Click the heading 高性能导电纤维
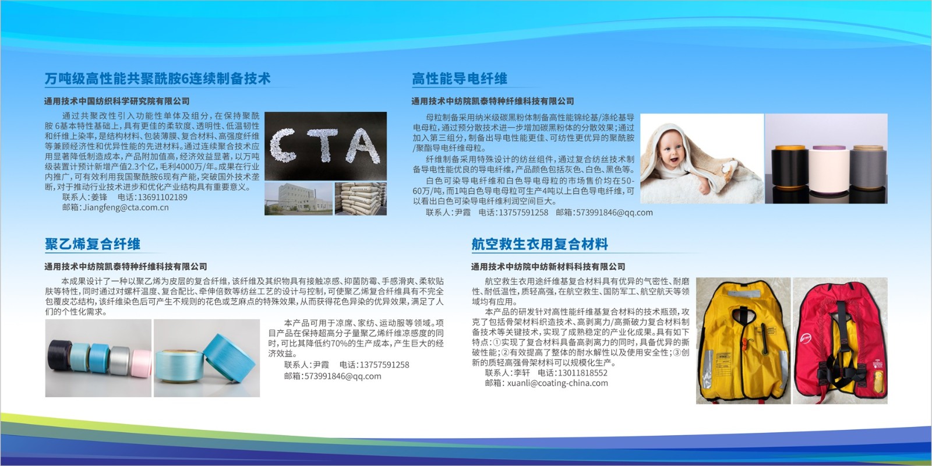coord(460,79)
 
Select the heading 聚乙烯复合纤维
coord(93,244)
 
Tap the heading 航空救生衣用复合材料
coord(539,244)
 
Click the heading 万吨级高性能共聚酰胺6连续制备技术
coord(157,79)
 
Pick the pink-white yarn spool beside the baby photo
coord(829,168)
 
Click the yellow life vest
coord(743,340)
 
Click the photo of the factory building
coord(299,199)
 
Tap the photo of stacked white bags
coord(361,199)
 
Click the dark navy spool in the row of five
coord(60,355)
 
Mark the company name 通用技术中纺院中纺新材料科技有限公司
coord(548,266)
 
